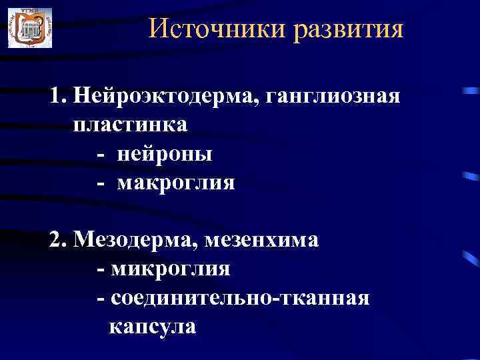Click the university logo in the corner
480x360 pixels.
click(x=29, y=28)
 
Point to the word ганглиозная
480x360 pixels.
click(x=333, y=97)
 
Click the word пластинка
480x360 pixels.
click(x=131, y=125)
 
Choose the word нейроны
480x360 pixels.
click(x=165, y=154)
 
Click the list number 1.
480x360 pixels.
click(x=56, y=97)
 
